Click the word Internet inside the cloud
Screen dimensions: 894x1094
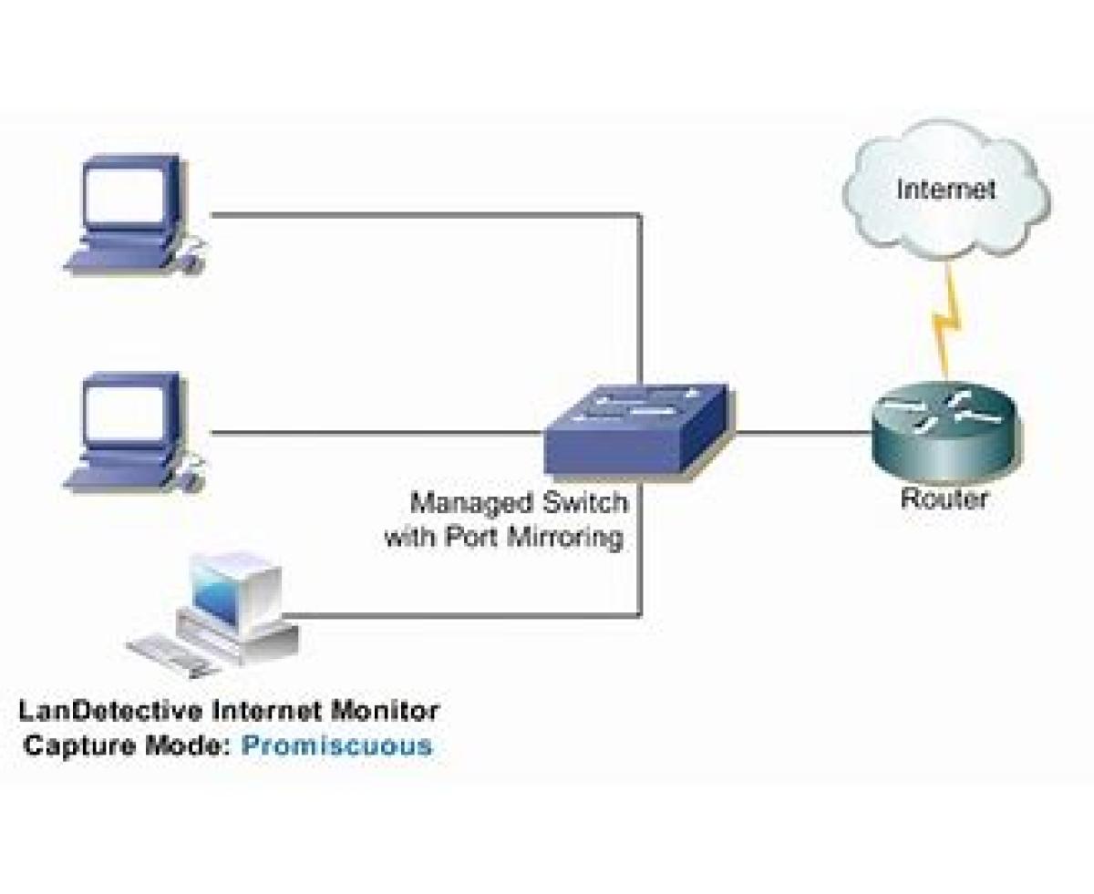click(x=945, y=190)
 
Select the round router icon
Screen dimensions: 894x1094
click(x=944, y=429)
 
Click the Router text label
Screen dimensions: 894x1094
click(x=944, y=498)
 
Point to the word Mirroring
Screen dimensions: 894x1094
click(x=570, y=537)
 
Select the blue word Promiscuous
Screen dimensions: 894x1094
click(x=336, y=745)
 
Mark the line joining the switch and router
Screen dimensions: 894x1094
click(x=798, y=432)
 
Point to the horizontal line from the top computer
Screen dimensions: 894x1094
click(x=419, y=215)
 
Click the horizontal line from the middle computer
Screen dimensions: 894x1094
click(x=374, y=432)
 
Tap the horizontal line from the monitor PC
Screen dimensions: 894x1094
click(x=456, y=614)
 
